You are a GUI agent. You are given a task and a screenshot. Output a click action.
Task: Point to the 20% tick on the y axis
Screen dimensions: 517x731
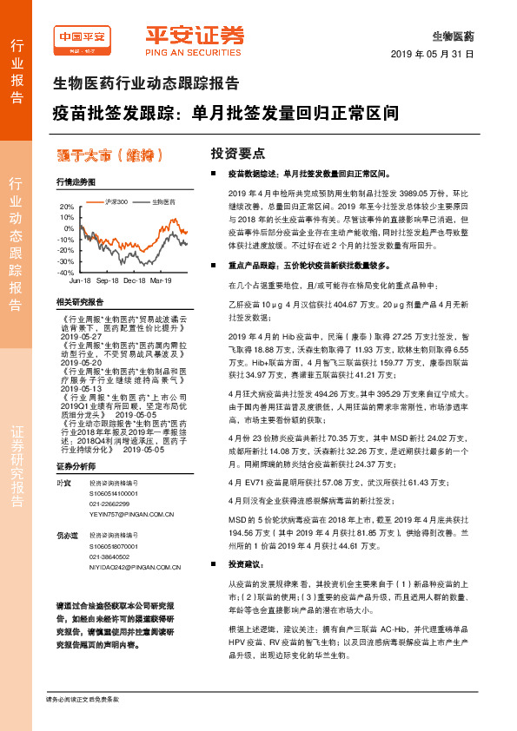[66, 207]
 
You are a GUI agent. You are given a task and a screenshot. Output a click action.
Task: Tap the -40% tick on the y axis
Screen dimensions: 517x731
[66, 272]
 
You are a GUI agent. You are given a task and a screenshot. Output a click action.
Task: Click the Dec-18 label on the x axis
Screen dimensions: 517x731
[135, 281]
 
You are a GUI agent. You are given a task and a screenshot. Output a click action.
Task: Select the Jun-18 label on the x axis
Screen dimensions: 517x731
[80, 281]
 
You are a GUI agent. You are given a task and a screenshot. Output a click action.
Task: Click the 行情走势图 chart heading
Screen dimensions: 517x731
[74, 182]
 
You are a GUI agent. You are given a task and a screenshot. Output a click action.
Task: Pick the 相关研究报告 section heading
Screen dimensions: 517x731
[79, 301]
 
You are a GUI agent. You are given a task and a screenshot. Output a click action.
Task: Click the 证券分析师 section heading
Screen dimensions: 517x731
[74, 466]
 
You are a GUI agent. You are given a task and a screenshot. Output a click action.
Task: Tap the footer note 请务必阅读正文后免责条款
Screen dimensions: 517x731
[83, 722]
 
